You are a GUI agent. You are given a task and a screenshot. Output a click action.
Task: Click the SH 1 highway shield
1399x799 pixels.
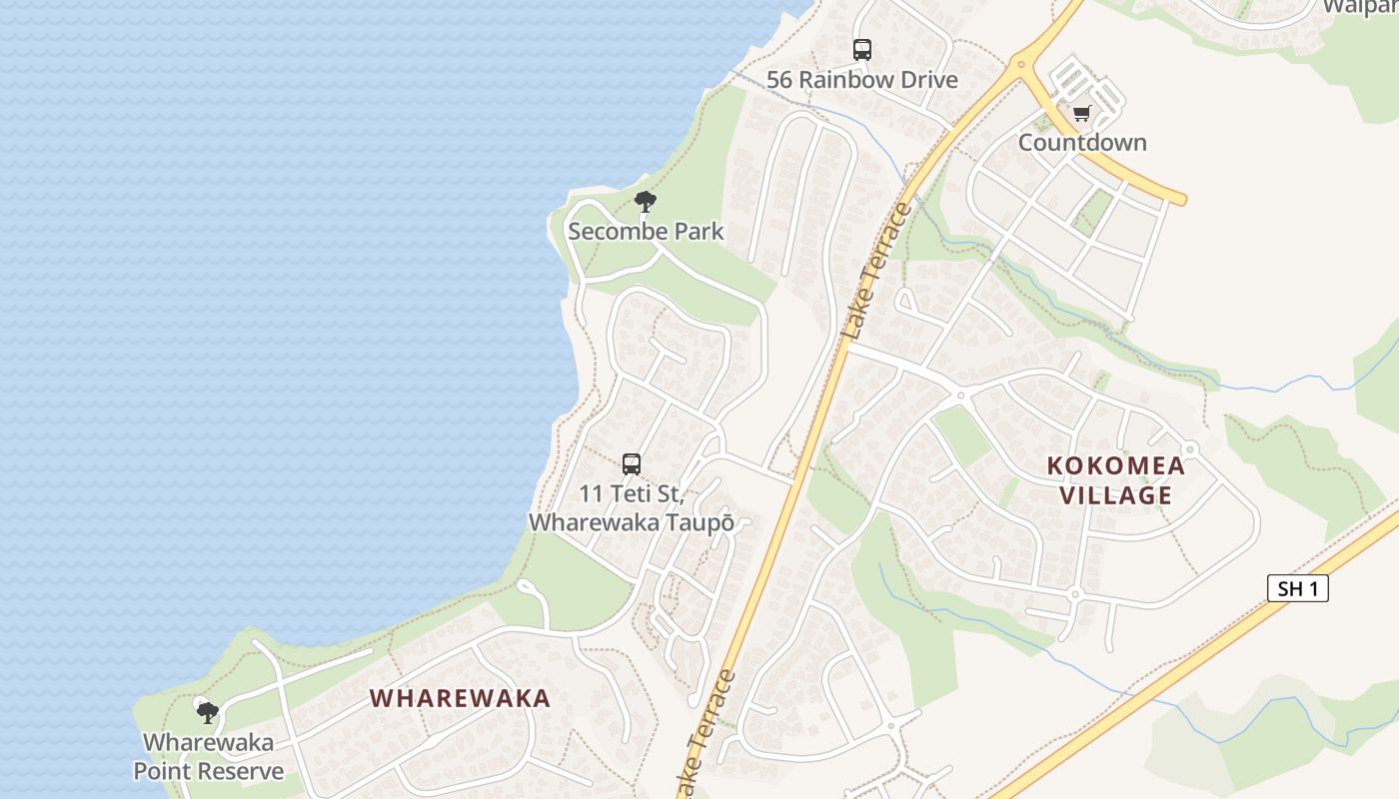[x=1298, y=588]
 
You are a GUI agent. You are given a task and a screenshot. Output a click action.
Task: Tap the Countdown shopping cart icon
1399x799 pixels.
[x=1081, y=114]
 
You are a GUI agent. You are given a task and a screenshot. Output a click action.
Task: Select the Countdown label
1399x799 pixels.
[x=1082, y=142]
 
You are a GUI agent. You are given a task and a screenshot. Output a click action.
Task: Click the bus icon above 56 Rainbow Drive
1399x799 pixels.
[x=861, y=50]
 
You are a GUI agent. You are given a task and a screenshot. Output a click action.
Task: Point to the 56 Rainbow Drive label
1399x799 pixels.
[x=861, y=80]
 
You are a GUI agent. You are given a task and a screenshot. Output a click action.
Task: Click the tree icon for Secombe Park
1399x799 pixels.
[x=646, y=202]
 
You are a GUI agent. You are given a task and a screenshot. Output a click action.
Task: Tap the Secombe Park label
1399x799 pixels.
[x=646, y=232]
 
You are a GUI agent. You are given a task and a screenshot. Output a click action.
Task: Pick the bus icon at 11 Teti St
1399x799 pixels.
[x=632, y=463]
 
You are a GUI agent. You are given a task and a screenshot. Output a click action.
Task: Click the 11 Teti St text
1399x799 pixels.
[x=632, y=493]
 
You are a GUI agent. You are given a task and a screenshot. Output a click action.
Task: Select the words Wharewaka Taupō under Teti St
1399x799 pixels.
[x=632, y=522]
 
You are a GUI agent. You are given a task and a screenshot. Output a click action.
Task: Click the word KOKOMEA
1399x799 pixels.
[x=1115, y=465]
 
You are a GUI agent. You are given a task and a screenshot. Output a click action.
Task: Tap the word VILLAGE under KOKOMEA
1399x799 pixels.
[x=1115, y=495]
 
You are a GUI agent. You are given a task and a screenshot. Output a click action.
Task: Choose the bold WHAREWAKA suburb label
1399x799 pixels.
[x=460, y=698]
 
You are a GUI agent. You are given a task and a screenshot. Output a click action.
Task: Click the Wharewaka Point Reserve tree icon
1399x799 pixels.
[x=208, y=712]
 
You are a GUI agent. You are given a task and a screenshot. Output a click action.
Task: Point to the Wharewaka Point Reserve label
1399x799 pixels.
[x=209, y=757]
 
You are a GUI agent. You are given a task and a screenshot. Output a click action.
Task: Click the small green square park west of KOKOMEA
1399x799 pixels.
[x=960, y=434]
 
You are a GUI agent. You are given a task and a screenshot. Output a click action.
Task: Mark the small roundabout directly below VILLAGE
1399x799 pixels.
[x=1076, y=593]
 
